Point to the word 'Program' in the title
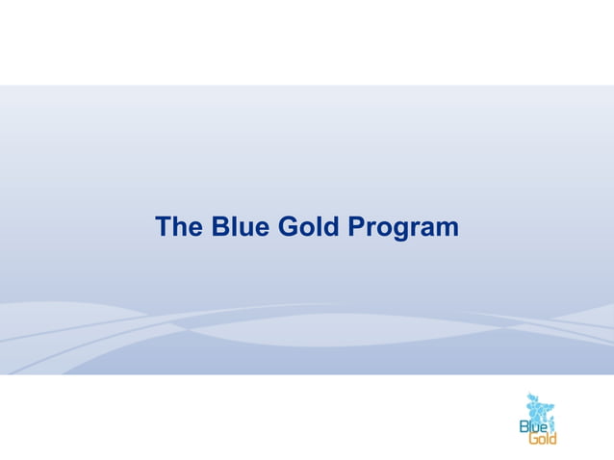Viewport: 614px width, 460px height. (x=403, y=229)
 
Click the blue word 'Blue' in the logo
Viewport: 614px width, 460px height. (x=533, y=425)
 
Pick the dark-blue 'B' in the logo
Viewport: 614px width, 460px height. (x=524, y=425)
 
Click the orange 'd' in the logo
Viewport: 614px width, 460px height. (x=552, y=439)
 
